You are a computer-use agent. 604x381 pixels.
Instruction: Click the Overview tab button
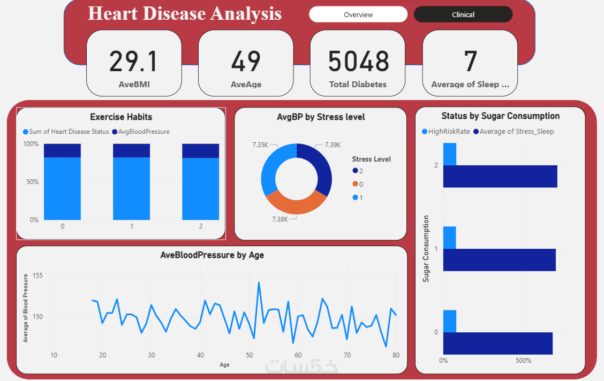pyautogui.click(x=358, y=15)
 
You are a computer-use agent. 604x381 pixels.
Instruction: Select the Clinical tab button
pyautogui.click(x=463, y=15)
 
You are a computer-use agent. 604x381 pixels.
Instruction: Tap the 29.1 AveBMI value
pyautogui.click(x=134, y=62)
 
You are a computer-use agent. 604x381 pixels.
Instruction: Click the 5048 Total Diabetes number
pyautogui.click(x=358, y=62)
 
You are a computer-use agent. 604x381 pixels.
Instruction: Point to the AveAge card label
pyautogui.click(x=246, y=85)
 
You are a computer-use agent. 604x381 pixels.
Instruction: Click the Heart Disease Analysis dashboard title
pyautogui.click(x=185, y=13)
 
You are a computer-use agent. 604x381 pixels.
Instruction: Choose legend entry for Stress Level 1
pyautogui.click(x=359, y=198)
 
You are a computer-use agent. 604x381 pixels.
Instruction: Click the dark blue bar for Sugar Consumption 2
pyautogui.click(x=500, y=177)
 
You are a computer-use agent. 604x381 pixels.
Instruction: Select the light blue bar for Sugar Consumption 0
pyautogui.click(x=450, y=321)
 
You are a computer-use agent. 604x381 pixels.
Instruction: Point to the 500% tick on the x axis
pyautogui.click(x=523, y=360)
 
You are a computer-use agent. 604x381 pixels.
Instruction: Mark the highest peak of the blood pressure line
pyautogui.click(x=259, y=283)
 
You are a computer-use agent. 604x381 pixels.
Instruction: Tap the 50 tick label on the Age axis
pyautogui.click(x=250, y=355)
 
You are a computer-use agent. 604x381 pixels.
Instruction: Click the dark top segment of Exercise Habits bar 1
pyautogui.click(x=132, y=150)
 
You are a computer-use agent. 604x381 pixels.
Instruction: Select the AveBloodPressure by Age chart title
pyautogui.click(x=212, y=255)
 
